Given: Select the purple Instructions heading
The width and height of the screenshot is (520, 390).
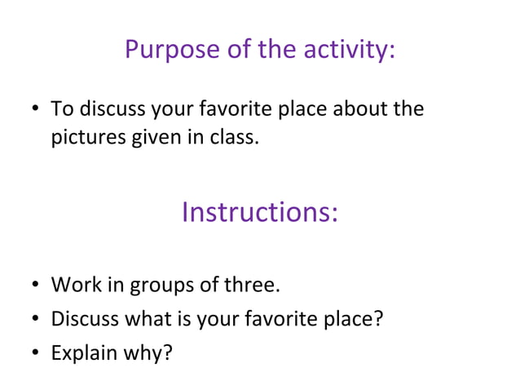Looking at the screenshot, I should pyautogui.click(x=259, y=212).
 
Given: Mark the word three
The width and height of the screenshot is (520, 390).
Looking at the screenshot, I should pyautogui.click(x=249, y=286).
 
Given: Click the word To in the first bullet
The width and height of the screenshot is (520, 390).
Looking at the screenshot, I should pyautogui.click(x=61, y=109).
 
